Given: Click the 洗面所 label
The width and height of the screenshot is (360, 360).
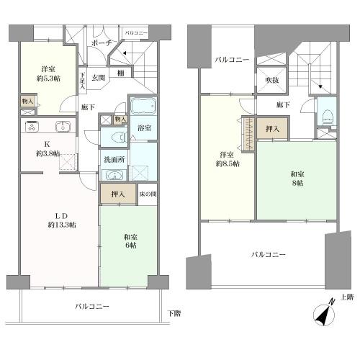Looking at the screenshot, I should pyautogui.click(x=114, y=160).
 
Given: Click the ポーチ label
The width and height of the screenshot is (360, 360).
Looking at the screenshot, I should pyautogui.click(x=100, y=44).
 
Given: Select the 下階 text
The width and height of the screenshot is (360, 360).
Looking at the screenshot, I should pyautogui.click(x=174, y=312).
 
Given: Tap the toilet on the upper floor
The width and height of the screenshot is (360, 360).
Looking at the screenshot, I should pyautogui.click(x=328, y=115).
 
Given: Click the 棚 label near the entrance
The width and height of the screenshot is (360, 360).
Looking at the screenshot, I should pyautogui.click(x=123, y=72).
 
